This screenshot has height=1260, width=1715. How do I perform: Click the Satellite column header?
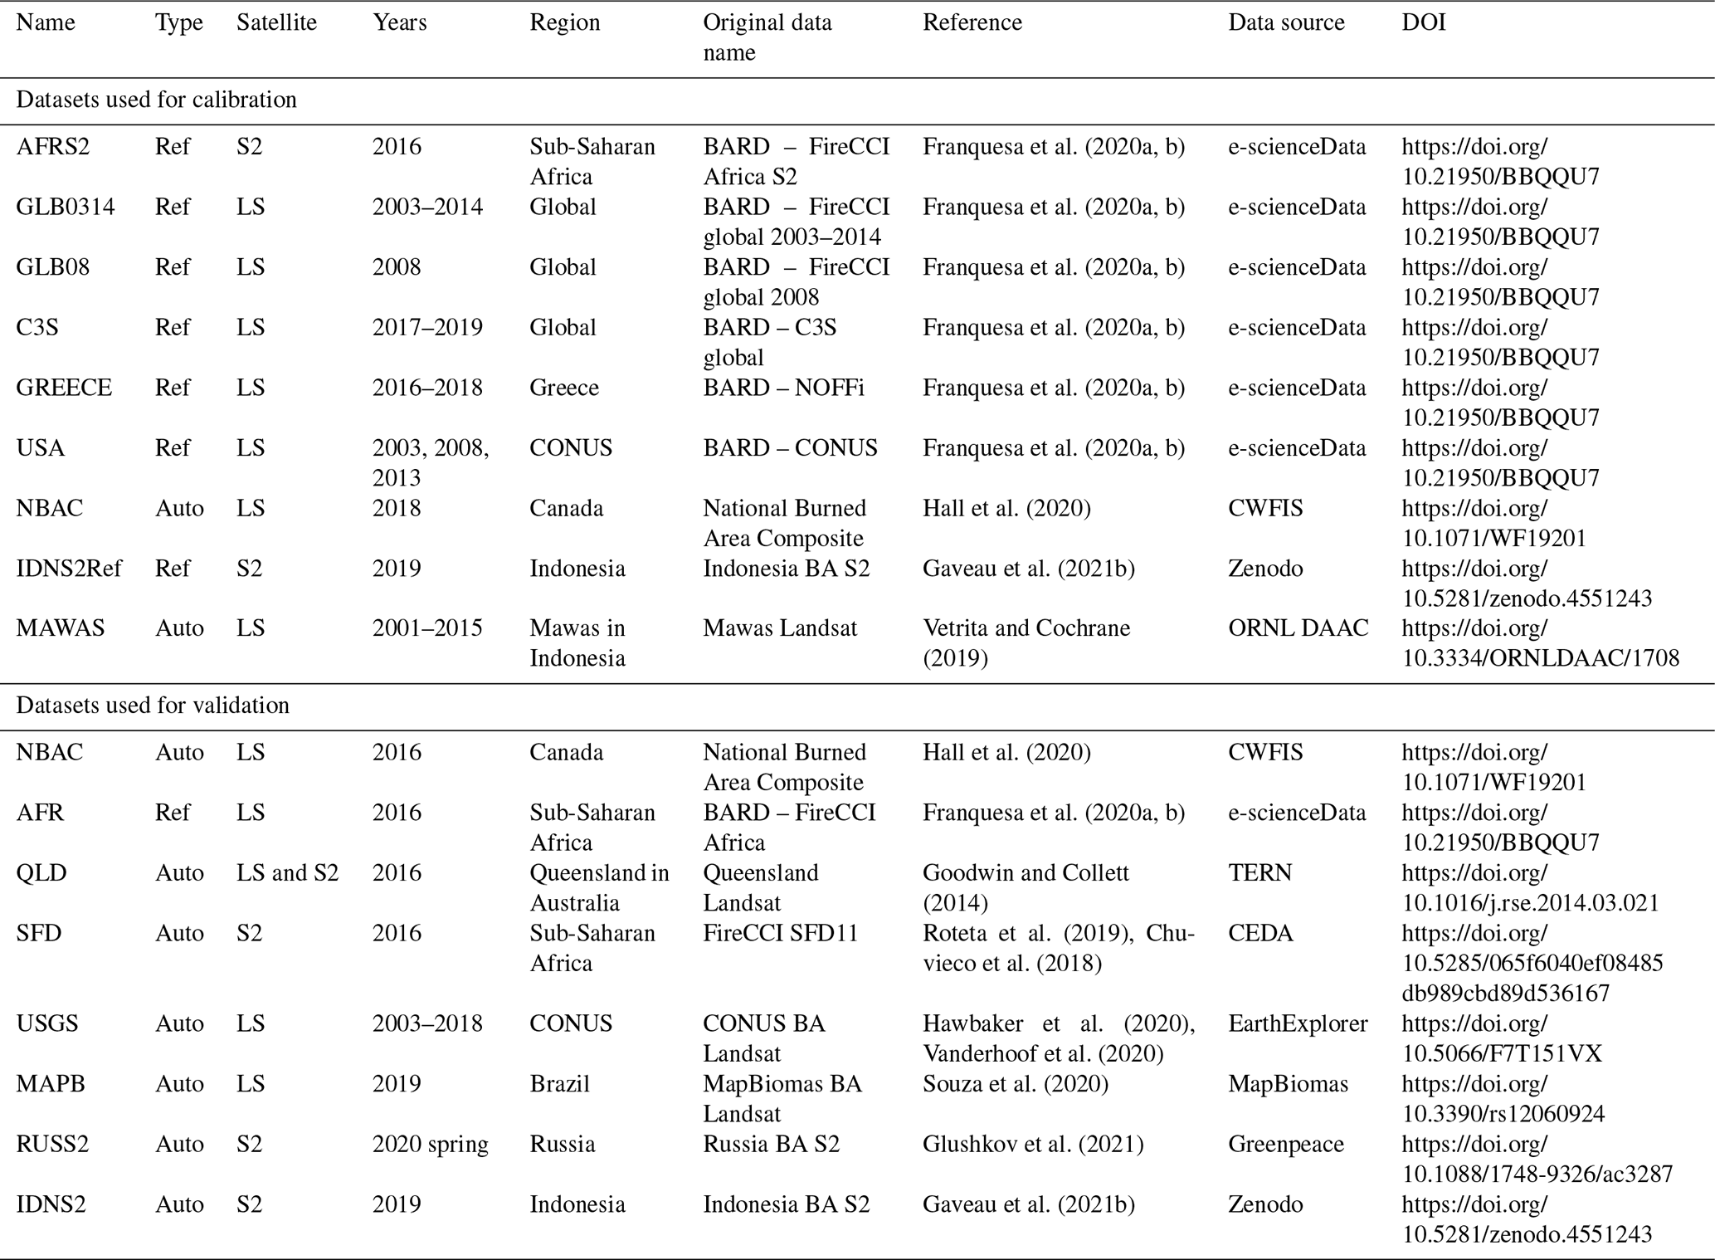(276, 22)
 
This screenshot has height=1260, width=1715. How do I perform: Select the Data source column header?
(1286, 22)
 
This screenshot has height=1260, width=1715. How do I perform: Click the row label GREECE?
(64, 388)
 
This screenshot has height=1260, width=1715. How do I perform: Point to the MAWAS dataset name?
(61, 628)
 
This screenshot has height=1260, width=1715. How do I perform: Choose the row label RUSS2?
(52, 1145)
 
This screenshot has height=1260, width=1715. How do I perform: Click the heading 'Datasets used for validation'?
(153, 706)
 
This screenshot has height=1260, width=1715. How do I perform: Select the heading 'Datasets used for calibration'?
(156, 100)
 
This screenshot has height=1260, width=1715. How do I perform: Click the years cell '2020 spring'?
(431, 1145)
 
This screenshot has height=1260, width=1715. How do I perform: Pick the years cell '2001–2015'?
(427, 628)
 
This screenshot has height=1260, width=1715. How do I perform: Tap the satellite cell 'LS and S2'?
(288, 873)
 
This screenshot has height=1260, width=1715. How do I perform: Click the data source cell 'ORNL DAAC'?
(1298, 628)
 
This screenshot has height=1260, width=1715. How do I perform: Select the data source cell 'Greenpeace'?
(1286, 1145)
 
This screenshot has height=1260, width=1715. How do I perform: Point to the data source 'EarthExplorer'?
(1298, 1023)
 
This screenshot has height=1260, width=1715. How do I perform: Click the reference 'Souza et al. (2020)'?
(1016, 1084)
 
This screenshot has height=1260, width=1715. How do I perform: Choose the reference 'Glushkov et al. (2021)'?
(1033, 1145)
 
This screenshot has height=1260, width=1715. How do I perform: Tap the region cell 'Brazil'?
(560, 1084)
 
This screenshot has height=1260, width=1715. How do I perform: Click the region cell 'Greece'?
(564, 388)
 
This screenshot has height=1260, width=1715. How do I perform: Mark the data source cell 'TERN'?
(1259, 873)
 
